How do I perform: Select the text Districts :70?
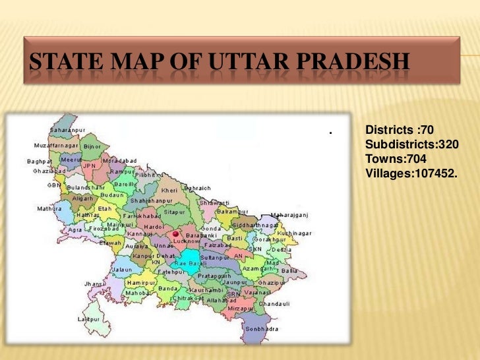(400, 130)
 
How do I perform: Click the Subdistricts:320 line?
(412, 144)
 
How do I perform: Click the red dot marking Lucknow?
(175, 234)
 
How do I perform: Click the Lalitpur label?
(89, 318)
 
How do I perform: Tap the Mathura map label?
(49, 208)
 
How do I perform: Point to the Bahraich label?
(197, 188)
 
